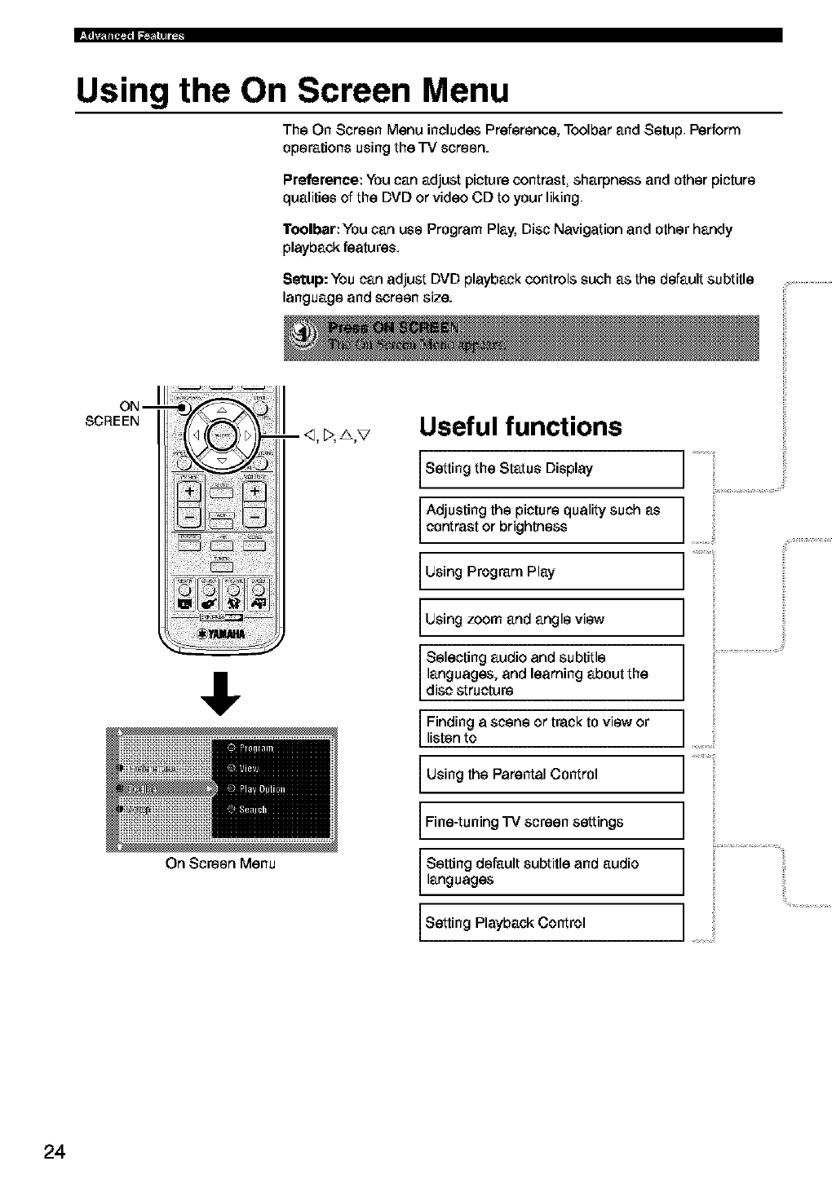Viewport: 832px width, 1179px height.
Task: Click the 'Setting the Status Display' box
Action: pos(551,469)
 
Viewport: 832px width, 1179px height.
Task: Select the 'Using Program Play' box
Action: pos(551,572)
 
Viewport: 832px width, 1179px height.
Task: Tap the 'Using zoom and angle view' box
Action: pos(551,619)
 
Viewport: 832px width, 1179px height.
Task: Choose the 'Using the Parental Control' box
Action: pos(551,774)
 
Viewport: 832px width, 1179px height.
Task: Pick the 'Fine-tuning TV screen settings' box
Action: pos(551,821)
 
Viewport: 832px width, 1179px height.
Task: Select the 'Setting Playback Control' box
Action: pos(551,923)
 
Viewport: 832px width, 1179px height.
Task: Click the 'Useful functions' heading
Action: pos(520,426)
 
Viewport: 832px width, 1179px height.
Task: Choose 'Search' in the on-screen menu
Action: pos(252,809)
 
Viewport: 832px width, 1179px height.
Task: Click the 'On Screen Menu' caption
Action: pos(220,863)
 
